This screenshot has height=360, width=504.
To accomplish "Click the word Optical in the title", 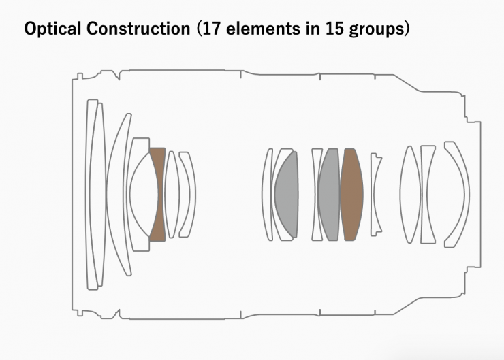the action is pos(52,29).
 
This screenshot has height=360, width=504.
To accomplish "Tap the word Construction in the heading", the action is pos(138,29).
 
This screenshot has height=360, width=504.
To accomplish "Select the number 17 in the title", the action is pos(211,29).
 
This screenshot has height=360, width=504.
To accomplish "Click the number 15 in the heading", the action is pos(334,29).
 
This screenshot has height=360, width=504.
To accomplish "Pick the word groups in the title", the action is pos(377,29).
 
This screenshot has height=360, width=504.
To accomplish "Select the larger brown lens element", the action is pos(351,194).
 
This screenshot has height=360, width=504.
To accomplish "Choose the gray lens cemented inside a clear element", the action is pos(287,195).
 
